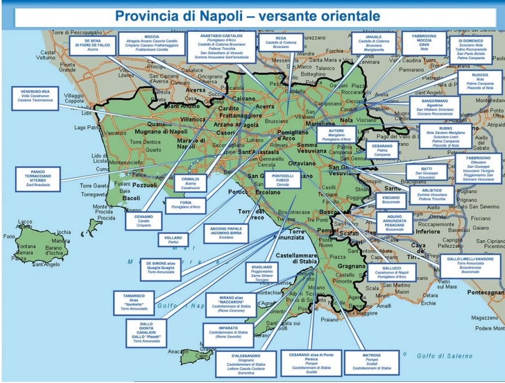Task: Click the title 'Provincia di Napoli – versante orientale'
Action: [247, 15]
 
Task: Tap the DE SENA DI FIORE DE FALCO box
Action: [93, 45]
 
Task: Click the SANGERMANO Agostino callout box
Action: [434, 106]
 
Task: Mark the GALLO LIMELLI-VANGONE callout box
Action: [469, 265]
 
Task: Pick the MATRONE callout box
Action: [372, 361]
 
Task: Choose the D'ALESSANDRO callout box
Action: [246, 364]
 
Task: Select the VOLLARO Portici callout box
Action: [173, 240]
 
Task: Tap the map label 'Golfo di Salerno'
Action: [444, 356]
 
